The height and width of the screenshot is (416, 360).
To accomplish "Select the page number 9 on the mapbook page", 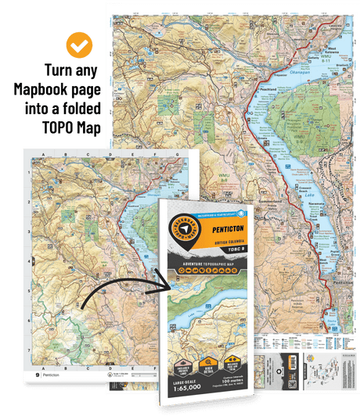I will [x=38, y=375].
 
